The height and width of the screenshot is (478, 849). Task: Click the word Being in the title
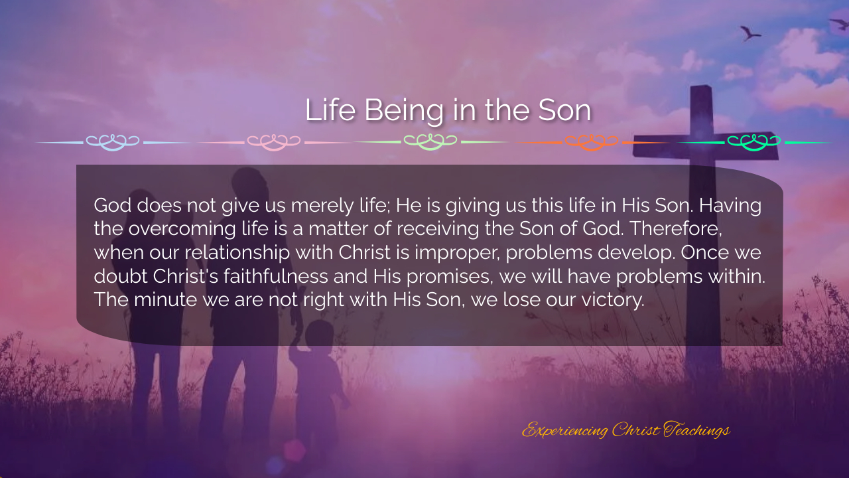404,111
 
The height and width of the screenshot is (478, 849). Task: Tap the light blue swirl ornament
113,142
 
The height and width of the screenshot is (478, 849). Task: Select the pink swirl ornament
274,142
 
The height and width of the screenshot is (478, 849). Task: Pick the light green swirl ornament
430,142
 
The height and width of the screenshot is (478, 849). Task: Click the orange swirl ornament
591,142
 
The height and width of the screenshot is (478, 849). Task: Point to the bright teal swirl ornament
754,142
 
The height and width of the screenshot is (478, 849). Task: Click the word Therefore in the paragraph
676,229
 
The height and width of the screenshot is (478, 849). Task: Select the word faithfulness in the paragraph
275,276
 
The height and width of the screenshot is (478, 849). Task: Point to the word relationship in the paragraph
237,253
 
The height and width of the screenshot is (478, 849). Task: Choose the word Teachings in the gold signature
696,430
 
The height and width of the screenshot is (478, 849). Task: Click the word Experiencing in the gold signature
564,430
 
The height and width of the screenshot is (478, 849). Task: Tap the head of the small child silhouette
319,334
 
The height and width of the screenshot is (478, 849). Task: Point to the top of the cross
701,86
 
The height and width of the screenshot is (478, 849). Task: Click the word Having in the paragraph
730,206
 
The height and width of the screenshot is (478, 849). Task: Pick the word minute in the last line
166,300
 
